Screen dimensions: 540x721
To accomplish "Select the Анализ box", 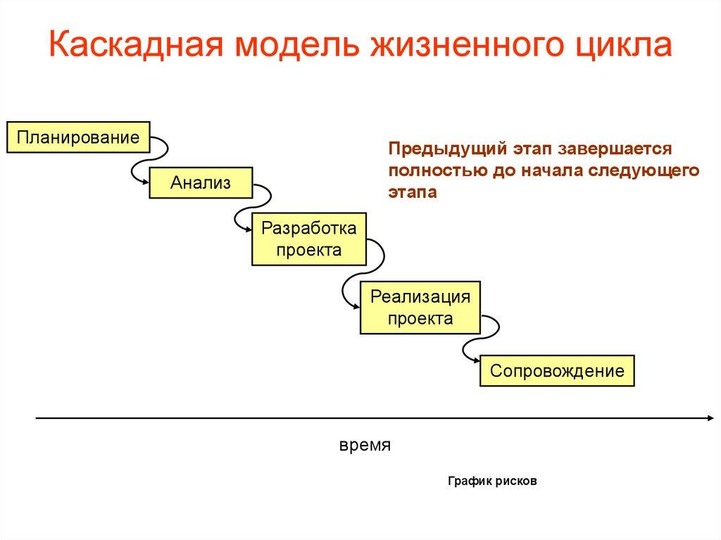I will [201, 183].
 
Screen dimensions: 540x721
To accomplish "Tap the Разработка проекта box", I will [309, 239].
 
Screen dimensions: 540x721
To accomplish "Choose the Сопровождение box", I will [557, 370].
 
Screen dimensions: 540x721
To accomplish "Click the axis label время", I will [365, 447].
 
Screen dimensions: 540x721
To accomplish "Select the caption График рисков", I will [492, 482].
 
